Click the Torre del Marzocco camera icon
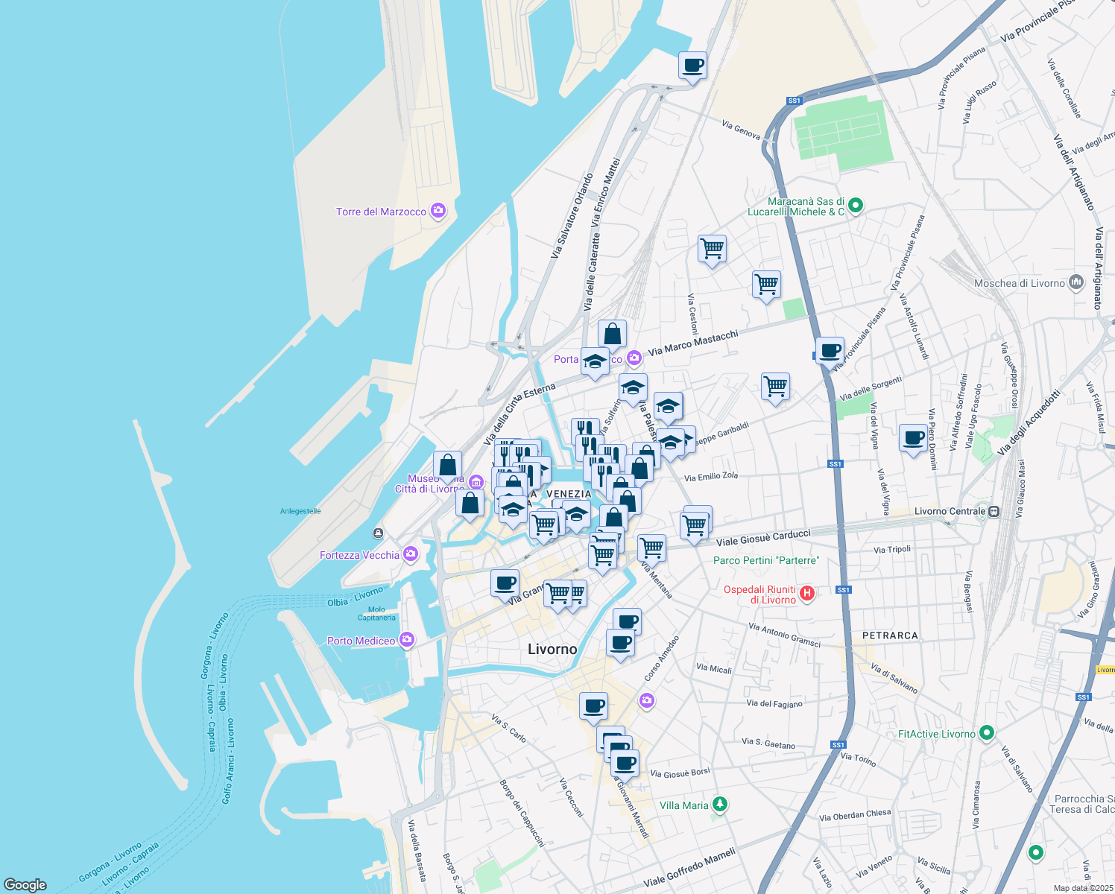point(438,212)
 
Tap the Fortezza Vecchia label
point(359,555)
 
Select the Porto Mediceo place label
point(361,641)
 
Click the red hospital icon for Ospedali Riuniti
point(806,594)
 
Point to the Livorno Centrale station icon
point(994,511)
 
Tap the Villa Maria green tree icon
point(719,805)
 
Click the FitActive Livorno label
point(936,734)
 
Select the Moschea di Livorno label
point(1019,283)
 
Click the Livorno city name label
point(552,649)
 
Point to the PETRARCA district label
point(890,635)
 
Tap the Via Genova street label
point(741,130)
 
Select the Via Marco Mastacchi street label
point(693,343)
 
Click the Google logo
point(25,885)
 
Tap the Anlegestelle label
point(300,511)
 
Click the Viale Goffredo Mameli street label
point(689,866)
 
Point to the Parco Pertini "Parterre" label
point(766,560)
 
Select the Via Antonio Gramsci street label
point(784,635)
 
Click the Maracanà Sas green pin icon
point(856,205)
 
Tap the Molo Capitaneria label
point(376,613)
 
